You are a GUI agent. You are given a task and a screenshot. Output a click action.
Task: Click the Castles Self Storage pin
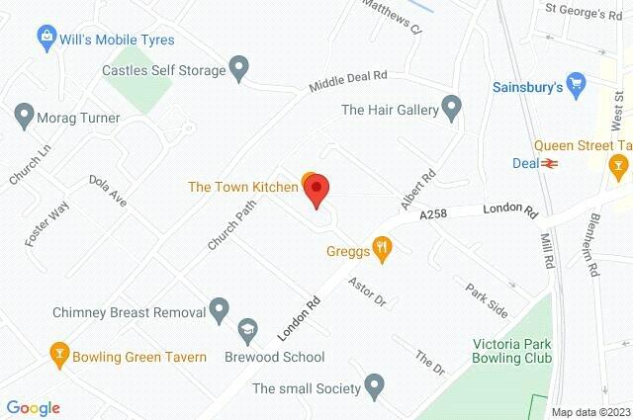tap(238, 68)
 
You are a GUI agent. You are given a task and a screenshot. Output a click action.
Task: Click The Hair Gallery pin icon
tap(452, 107)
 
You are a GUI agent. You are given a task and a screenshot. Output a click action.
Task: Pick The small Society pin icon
tap(374, 384)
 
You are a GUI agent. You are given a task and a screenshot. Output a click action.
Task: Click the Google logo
tap(33, 407)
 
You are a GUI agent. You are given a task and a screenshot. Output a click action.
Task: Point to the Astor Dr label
tap(366, 292)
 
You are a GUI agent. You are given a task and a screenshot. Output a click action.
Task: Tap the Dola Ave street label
tap(108, 191)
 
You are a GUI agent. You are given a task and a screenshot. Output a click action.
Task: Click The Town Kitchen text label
tap(243, 186)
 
